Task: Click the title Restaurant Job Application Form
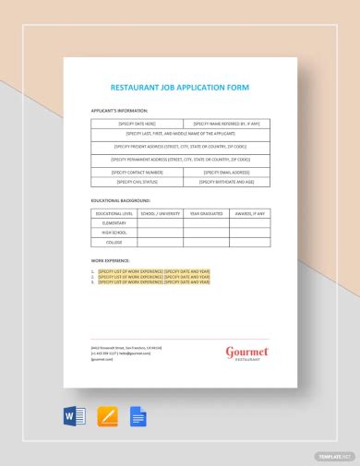coord(180,88)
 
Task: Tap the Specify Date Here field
coord(136,123)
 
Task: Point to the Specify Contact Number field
coord(136,172)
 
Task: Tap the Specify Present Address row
coord(181,146)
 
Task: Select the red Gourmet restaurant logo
coord(245,352)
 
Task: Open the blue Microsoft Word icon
coord(75,416)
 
